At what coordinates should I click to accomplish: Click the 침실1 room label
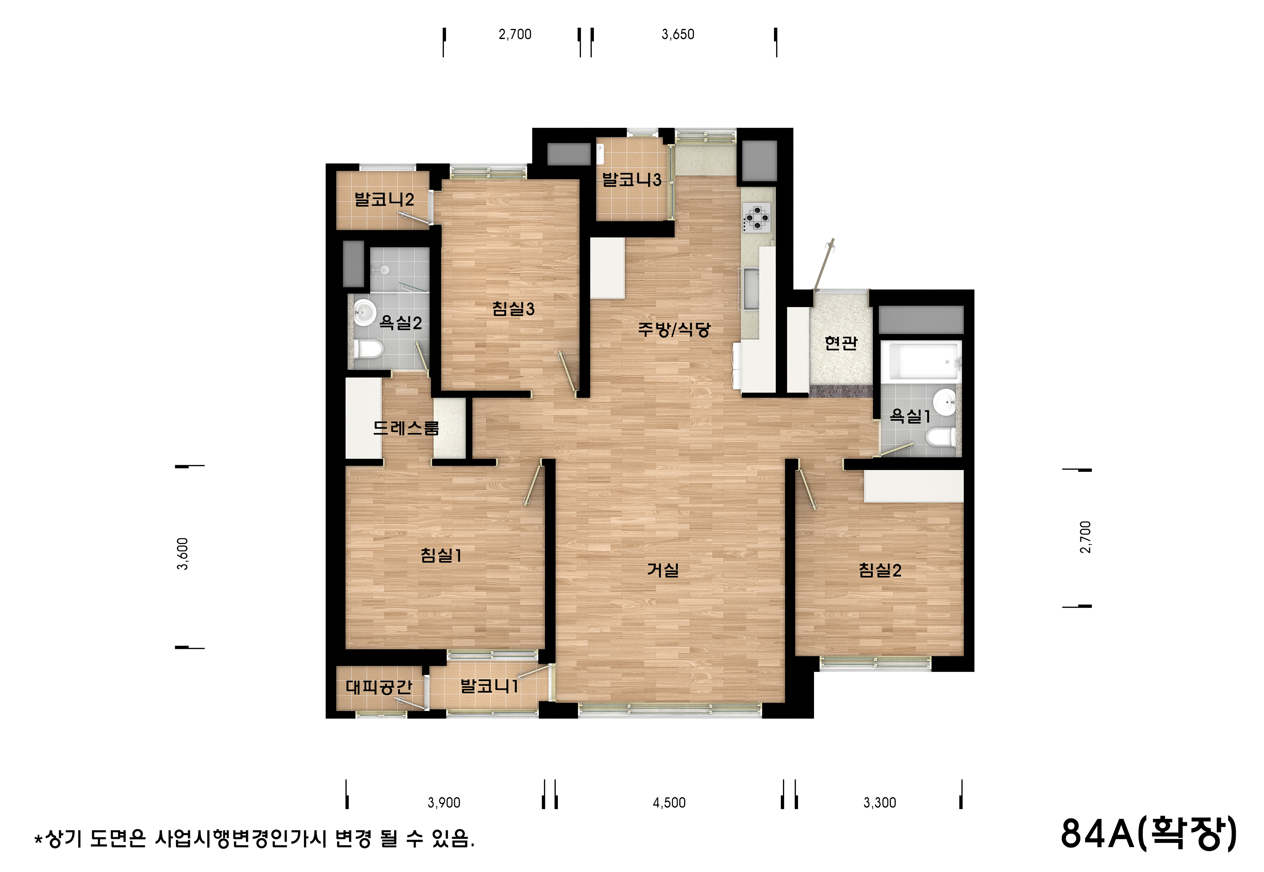click(441, 556)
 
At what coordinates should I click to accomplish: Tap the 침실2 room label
click(880, 570)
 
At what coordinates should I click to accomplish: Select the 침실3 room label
click(513, 309)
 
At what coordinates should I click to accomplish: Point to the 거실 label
click(663, 570)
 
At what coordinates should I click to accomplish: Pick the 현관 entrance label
click(841, 343)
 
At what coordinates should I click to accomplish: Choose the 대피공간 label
click(379, 687)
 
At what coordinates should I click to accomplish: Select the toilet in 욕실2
click(367, 348)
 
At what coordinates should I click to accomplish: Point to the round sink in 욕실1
click(945, 403)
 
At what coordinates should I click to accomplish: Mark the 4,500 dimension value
click(669, 803)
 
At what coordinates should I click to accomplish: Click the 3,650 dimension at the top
click(677, 34)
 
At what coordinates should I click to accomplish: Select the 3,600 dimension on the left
click(183, 554)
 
